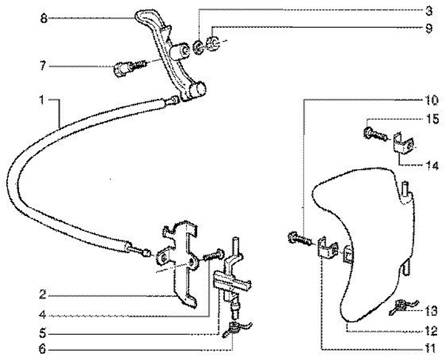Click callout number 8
(43, 19)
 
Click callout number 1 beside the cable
(41, 99)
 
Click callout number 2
(41, 294)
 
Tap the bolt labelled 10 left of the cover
(297, 237)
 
